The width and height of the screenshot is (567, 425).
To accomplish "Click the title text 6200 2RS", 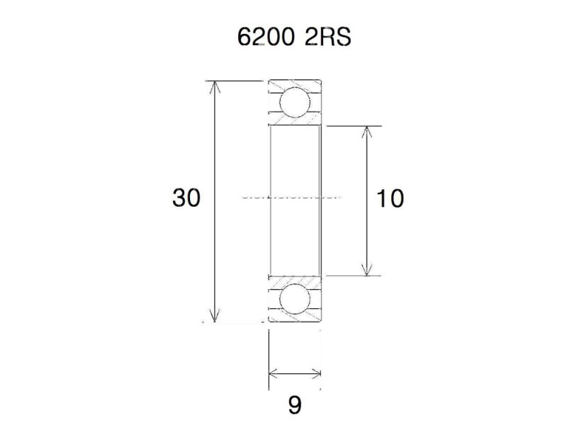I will click(x=294, y=38).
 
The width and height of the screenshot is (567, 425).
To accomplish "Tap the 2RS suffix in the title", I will click(x=327, y=38).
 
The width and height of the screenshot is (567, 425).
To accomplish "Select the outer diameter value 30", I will click(x=186, y=198).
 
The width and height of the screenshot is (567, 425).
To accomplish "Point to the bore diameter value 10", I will click(x=390, y=199).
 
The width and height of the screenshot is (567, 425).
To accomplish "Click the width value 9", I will click(x=295, y=405).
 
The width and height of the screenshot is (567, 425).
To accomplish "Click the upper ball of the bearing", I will click(x=294, y=102).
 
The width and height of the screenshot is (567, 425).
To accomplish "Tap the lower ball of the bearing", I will click(x=294, y=300).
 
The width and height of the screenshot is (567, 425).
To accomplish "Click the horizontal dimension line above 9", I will click(x=295, y=373).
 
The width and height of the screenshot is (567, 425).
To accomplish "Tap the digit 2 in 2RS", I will click(x=312, y=38).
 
